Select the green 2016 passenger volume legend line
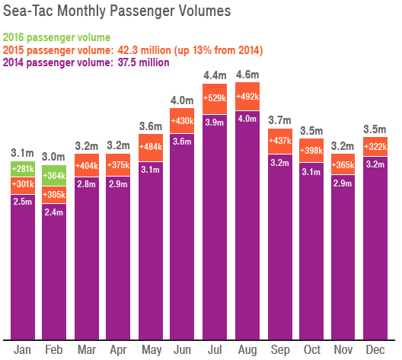click(57, 37)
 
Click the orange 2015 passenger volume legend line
click(133, 50)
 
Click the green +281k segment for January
click(23, 168)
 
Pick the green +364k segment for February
click(54, 176)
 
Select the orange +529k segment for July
click(214, 97)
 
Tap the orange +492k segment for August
click(246, 97)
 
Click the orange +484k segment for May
click(150, 146)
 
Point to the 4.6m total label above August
click(246, 75)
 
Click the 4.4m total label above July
click(214, 75)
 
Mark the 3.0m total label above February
click(54, 156)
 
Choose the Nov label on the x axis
click(342, 349)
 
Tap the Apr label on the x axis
click(118, 349)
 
